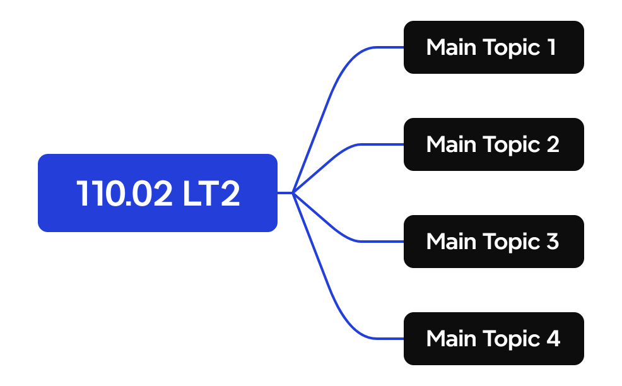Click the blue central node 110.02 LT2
(158, 193)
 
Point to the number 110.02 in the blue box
(124, 194)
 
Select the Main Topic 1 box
(493, 47)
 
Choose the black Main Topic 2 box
(493, 144)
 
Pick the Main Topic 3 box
(493, 242)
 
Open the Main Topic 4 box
(493, 339)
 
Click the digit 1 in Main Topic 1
(551, 47)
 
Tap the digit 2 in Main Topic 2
(552, 144)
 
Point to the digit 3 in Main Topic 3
(552, 242)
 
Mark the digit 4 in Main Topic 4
(553, 339)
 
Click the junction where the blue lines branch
(293, 193)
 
